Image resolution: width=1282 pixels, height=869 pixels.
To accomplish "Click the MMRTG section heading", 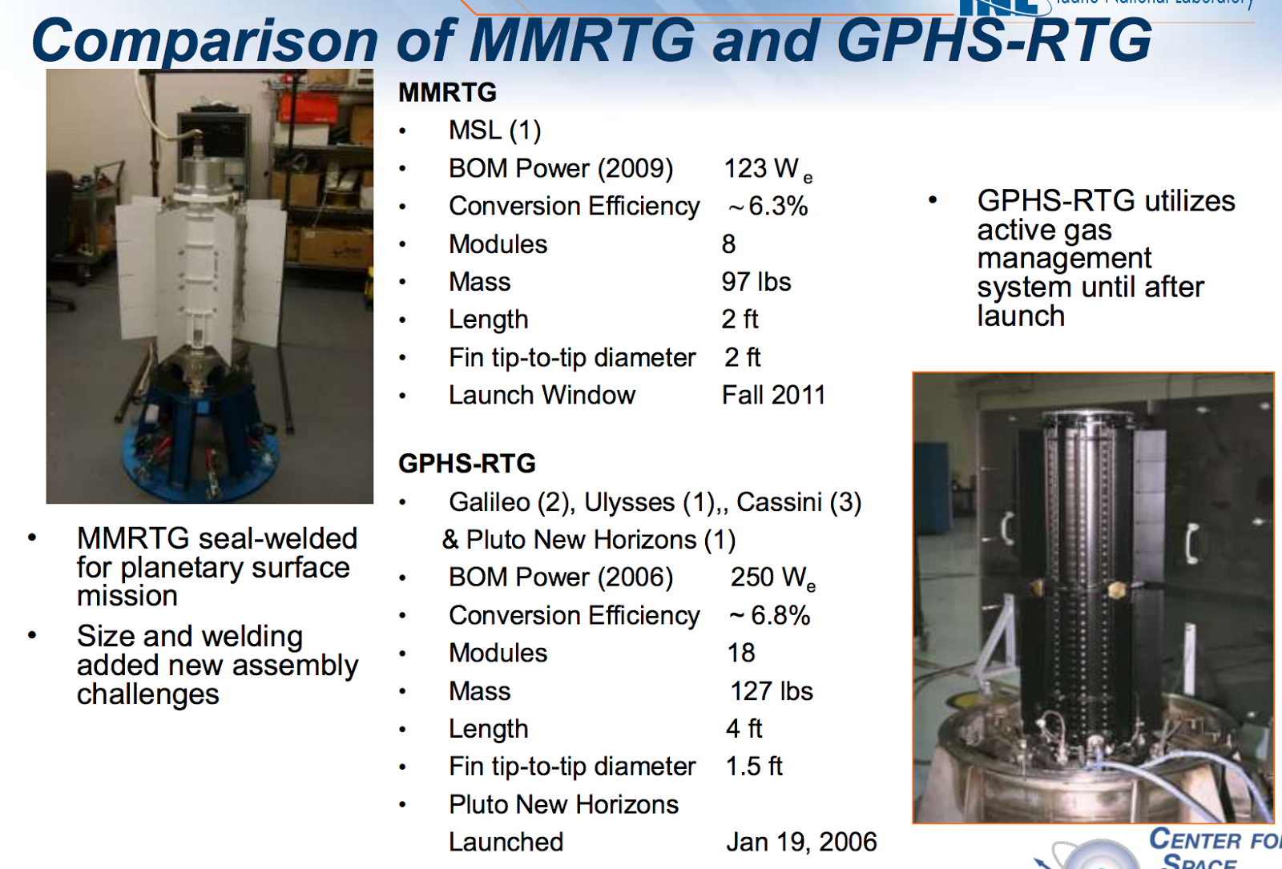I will tap(447, 93).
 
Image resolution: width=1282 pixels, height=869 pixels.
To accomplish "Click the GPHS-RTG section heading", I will tap(466, 464).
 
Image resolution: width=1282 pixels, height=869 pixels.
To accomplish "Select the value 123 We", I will tap(767, 169).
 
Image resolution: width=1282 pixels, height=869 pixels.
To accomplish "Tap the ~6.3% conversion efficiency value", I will tap(768, 207).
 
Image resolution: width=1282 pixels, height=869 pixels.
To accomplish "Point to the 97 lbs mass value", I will tap(756, 282).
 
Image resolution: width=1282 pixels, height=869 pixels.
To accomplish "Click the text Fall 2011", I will tap(773, 396).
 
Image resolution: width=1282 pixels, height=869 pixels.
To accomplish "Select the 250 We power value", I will tap(772, 577).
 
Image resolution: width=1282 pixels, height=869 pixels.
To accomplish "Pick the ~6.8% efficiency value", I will tap(770, 616).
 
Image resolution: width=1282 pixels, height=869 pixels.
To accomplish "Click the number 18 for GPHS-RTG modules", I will tap(741, 654).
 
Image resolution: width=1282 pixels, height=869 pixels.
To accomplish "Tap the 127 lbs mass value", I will tap(772, 691).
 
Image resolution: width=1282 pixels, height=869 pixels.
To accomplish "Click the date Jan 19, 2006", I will tap(801, 843).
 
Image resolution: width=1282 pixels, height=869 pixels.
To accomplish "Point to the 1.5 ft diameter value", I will tap(754, 766).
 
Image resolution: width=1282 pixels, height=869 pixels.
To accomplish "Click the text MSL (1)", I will tap(494, 131).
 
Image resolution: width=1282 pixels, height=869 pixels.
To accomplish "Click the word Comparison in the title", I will tap(204, 41).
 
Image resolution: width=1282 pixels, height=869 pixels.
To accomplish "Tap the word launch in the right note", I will tap(1021, 316).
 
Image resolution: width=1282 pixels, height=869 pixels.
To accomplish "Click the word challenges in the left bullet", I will tap(147, 694).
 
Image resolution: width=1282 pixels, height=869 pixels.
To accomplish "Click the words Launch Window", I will tap(542, 396).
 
